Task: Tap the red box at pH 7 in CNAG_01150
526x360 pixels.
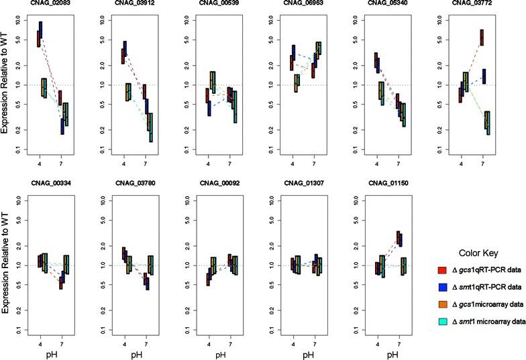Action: [397, 238]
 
